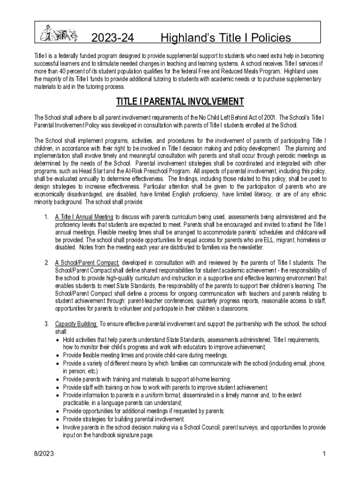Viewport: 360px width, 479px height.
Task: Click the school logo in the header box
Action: pos(58,34)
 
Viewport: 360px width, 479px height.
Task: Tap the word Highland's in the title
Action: pos(184,38)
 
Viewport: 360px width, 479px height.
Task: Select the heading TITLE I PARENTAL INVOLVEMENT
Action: pos(180,102)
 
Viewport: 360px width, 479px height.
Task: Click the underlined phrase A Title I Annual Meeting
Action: pos(84,217)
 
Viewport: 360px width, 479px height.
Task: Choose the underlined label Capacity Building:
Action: pos(76,324)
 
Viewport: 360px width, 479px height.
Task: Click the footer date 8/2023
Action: pos(43,454)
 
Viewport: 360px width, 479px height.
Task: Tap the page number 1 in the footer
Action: pos(324,454)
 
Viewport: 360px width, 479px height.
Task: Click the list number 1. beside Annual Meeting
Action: pos(46,217)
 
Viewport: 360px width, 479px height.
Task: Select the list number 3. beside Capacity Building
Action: pos(46,324)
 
